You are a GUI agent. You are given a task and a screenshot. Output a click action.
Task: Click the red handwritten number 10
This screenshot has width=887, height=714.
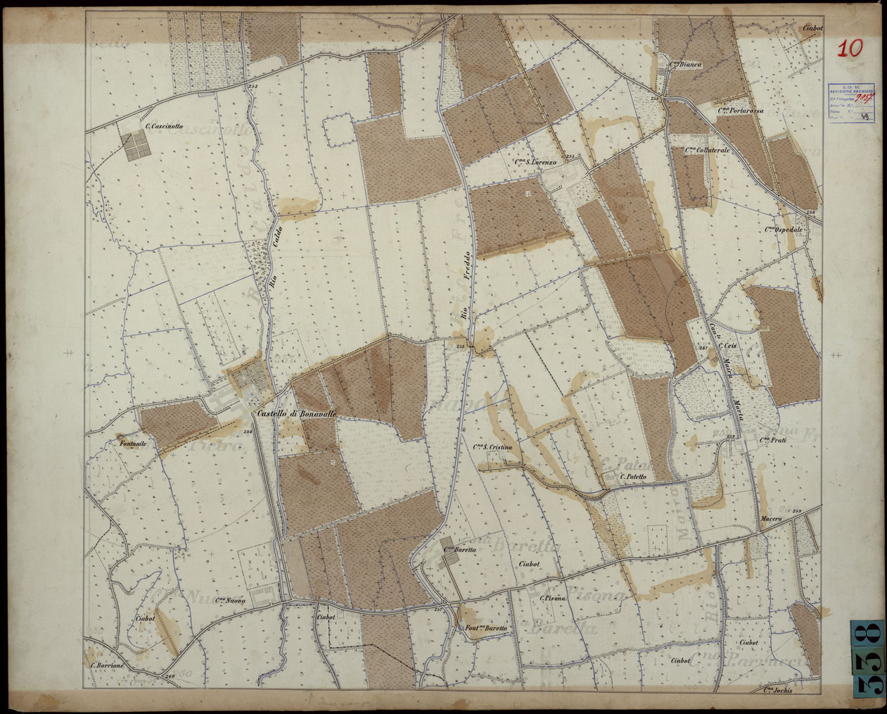[850, 49]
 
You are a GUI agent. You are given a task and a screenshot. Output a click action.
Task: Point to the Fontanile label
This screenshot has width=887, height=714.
[132, 444]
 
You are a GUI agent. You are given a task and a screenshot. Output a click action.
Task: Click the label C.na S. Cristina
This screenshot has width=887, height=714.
[492, 448]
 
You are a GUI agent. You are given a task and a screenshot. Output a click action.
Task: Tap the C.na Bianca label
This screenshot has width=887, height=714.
[685, 64]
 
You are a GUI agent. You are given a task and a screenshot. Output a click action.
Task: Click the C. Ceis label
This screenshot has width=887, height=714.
[727, 346]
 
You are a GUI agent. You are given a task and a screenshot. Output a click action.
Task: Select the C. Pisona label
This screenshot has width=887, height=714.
[554, 599]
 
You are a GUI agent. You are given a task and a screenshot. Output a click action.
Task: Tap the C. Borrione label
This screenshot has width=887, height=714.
[108, 665]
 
